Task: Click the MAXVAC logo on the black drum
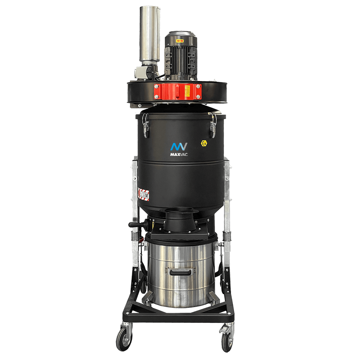point(179,147)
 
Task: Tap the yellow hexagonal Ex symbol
point(204,143)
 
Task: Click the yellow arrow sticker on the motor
point(179,41)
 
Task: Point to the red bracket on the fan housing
point(177,91)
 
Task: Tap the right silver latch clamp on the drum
point(213,125)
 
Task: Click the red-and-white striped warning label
point(144,193)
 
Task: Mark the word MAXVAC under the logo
point(179,155)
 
